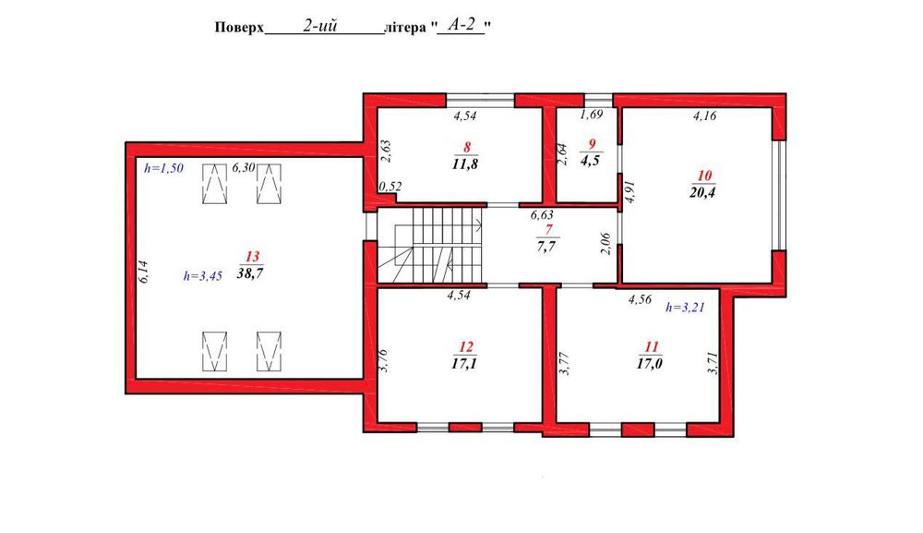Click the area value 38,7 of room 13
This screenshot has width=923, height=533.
[250, 273]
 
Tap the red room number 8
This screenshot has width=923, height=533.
[466, 147]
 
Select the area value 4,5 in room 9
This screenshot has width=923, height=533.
[591, 160]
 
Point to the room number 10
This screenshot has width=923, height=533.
[704, 176]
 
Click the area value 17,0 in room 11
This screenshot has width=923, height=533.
[650, 363]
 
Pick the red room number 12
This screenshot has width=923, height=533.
[466, 347]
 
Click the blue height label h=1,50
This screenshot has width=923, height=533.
[163, 168]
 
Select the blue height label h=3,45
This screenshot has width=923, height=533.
[203, 275]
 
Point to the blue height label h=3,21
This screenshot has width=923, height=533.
[685, 307]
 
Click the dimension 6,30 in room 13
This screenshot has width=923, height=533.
[243, 167]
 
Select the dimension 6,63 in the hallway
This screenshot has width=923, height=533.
[542, 215]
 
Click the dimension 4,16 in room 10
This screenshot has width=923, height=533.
[704, 116]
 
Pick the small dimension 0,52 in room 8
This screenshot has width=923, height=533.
[390, 187]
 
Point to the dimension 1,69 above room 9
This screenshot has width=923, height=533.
[592, 115]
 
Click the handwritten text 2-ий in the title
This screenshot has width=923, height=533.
[320, 25]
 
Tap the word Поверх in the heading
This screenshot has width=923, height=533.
[239, 28]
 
